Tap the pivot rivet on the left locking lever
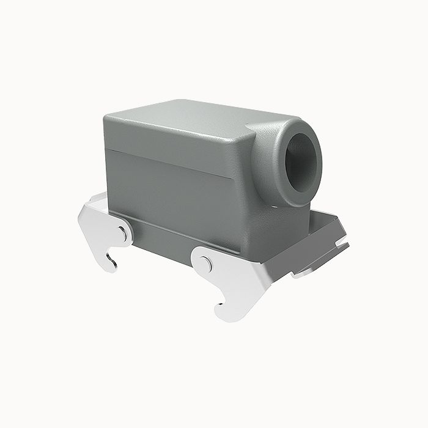click(x=123, y=233)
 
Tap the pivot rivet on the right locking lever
click(x=207, y=265)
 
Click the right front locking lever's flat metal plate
click(x=235, y=275)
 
